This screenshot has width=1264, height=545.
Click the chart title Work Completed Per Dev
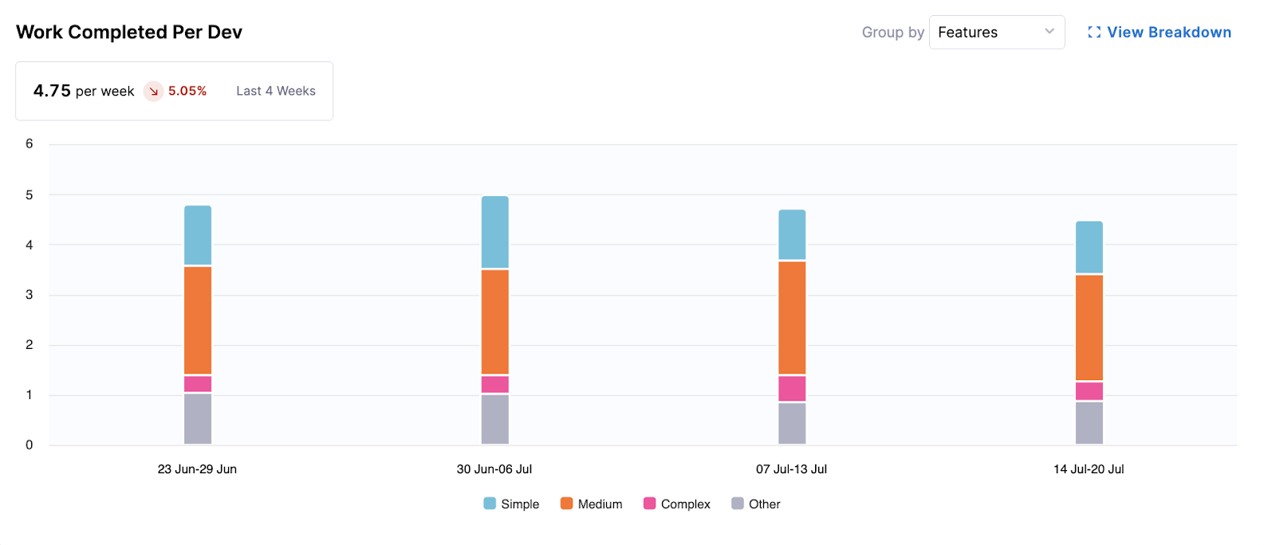[129, 33]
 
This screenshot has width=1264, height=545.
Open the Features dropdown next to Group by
[996, 33]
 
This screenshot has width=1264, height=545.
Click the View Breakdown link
[1160, 33]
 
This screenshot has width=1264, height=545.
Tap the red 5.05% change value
[187, 92]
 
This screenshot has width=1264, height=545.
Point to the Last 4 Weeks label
[276, 92]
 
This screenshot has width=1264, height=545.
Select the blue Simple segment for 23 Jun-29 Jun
[198, 235]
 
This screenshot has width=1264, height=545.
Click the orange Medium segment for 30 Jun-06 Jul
[495, 322]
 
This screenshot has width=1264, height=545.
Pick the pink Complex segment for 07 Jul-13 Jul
[792, 389]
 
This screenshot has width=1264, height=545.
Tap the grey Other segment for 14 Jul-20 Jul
[1089, 423]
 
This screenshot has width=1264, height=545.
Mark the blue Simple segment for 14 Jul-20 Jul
[1089, 247]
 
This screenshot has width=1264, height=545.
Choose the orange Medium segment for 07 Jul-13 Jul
[792, 318]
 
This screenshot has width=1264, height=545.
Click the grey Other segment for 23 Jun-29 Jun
[198, 419]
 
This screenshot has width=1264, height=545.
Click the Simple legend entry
[511, 504]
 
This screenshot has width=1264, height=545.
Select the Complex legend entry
[676, 504]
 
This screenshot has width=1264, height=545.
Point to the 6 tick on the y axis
[30, 144]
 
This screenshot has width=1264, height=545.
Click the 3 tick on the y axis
[30, 295]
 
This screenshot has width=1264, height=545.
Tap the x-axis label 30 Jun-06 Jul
[494, 469]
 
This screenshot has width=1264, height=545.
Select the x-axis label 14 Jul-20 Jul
[1089, 469]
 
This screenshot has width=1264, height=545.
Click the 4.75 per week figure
[84, 92]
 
